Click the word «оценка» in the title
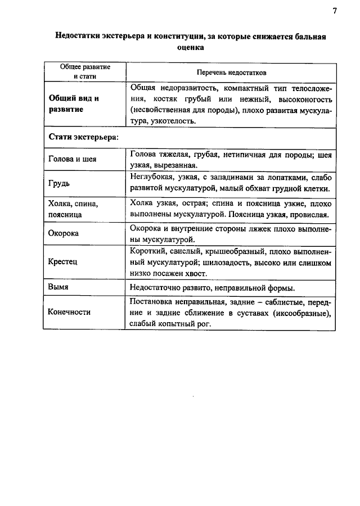pos(191,48)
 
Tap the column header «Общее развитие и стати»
pos(85,71)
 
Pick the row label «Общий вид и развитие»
pos(73,104)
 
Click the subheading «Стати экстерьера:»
pos(83,137)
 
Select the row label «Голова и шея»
pos(73,159)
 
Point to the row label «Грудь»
pos(59,183)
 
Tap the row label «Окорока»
pos(64,233)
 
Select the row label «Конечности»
pos(69,312)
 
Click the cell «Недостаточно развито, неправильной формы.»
pos(212,288)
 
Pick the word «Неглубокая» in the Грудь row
pos(151,177)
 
